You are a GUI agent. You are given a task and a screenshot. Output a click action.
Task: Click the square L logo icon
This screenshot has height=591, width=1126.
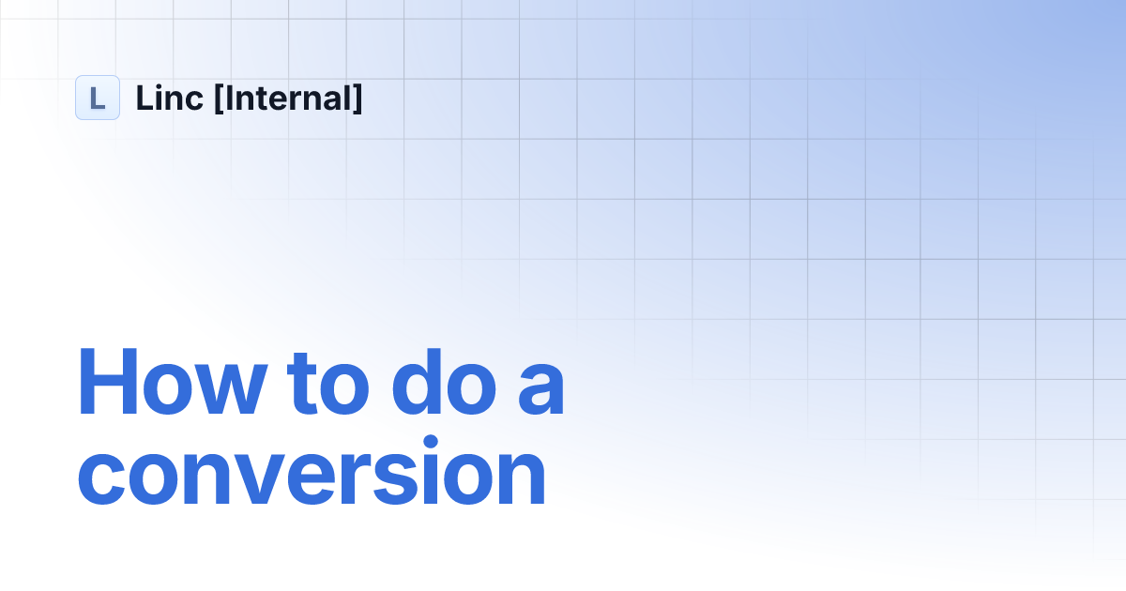(x=98, y=98)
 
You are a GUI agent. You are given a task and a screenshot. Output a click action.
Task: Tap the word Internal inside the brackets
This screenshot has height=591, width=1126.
(x=287, y=98)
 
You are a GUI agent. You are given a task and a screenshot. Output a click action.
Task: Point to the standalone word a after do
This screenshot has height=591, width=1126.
(x=540, y=390)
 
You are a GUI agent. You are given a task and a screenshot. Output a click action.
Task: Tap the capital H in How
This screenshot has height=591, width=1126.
(x=108, y=382)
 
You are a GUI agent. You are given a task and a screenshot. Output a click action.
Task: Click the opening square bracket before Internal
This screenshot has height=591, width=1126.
(x=219, y=98)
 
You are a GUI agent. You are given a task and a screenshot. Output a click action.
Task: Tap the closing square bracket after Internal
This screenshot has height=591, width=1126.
(x=357, y=98)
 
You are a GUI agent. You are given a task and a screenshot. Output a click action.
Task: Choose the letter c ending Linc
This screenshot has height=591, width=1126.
(x=194, y=100)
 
